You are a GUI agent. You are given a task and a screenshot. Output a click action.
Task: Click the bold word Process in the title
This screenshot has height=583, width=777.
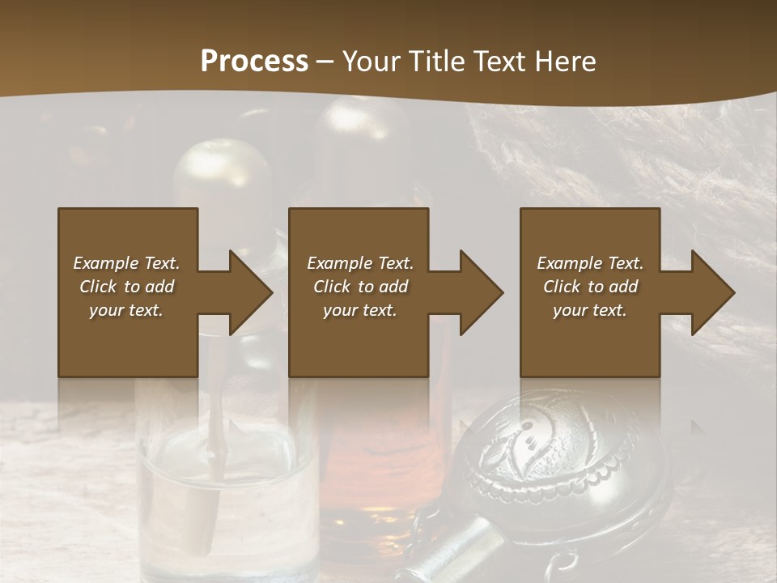tap(254, 62)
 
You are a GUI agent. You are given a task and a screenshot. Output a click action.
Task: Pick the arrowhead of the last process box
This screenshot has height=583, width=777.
tap(711, 292)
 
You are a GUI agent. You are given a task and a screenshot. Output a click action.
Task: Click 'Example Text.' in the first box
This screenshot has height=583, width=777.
tap(126, 263)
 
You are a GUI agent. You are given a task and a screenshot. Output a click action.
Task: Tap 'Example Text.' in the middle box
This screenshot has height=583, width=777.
tap(360, 263)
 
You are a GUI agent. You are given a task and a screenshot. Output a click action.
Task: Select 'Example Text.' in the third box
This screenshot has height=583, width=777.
tap(590, 263)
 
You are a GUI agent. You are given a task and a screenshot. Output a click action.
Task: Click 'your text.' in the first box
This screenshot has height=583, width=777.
tap(126, 310)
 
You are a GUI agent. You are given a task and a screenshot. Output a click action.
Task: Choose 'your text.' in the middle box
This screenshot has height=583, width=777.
tap(360, 310)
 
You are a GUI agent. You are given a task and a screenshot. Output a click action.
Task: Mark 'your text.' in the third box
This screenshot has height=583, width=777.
tap(590, 310)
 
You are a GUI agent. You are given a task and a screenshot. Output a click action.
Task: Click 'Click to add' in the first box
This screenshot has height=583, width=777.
tap(126, 287)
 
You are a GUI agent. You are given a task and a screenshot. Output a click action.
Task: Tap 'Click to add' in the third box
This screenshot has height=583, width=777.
tap(590, 287)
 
